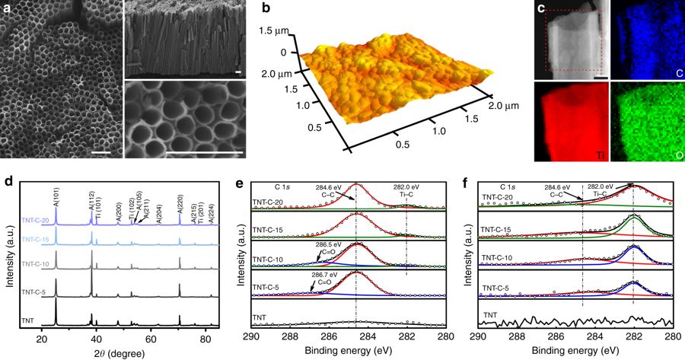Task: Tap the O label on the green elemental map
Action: coord(671,155)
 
